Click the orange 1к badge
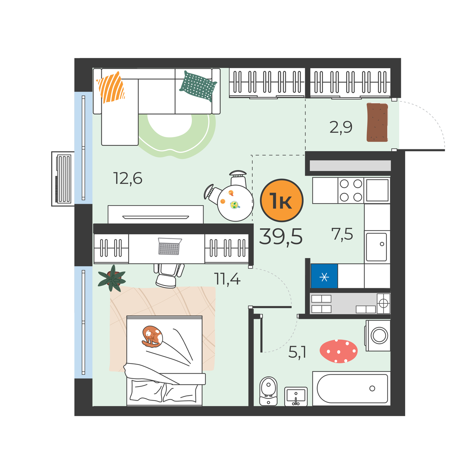pos(282,200)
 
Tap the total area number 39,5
pos(281,237)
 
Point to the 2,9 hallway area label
pos(341,127)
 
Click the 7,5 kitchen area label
pos(342,234)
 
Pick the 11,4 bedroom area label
pos(227,278)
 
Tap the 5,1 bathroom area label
pos(297,352)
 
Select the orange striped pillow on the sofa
pos(111,87)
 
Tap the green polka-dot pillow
pos(198,86)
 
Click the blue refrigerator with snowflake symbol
pos(324,276)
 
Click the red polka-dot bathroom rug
pos(338,351)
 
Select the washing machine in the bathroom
pos(378,335)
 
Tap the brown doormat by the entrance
pos(377,122)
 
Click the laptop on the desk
pos(170,246)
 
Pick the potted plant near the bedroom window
pos(112,278)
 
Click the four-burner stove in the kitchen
pos(351,190)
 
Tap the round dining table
pos(235,203)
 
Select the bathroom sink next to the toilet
pos(296,396)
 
